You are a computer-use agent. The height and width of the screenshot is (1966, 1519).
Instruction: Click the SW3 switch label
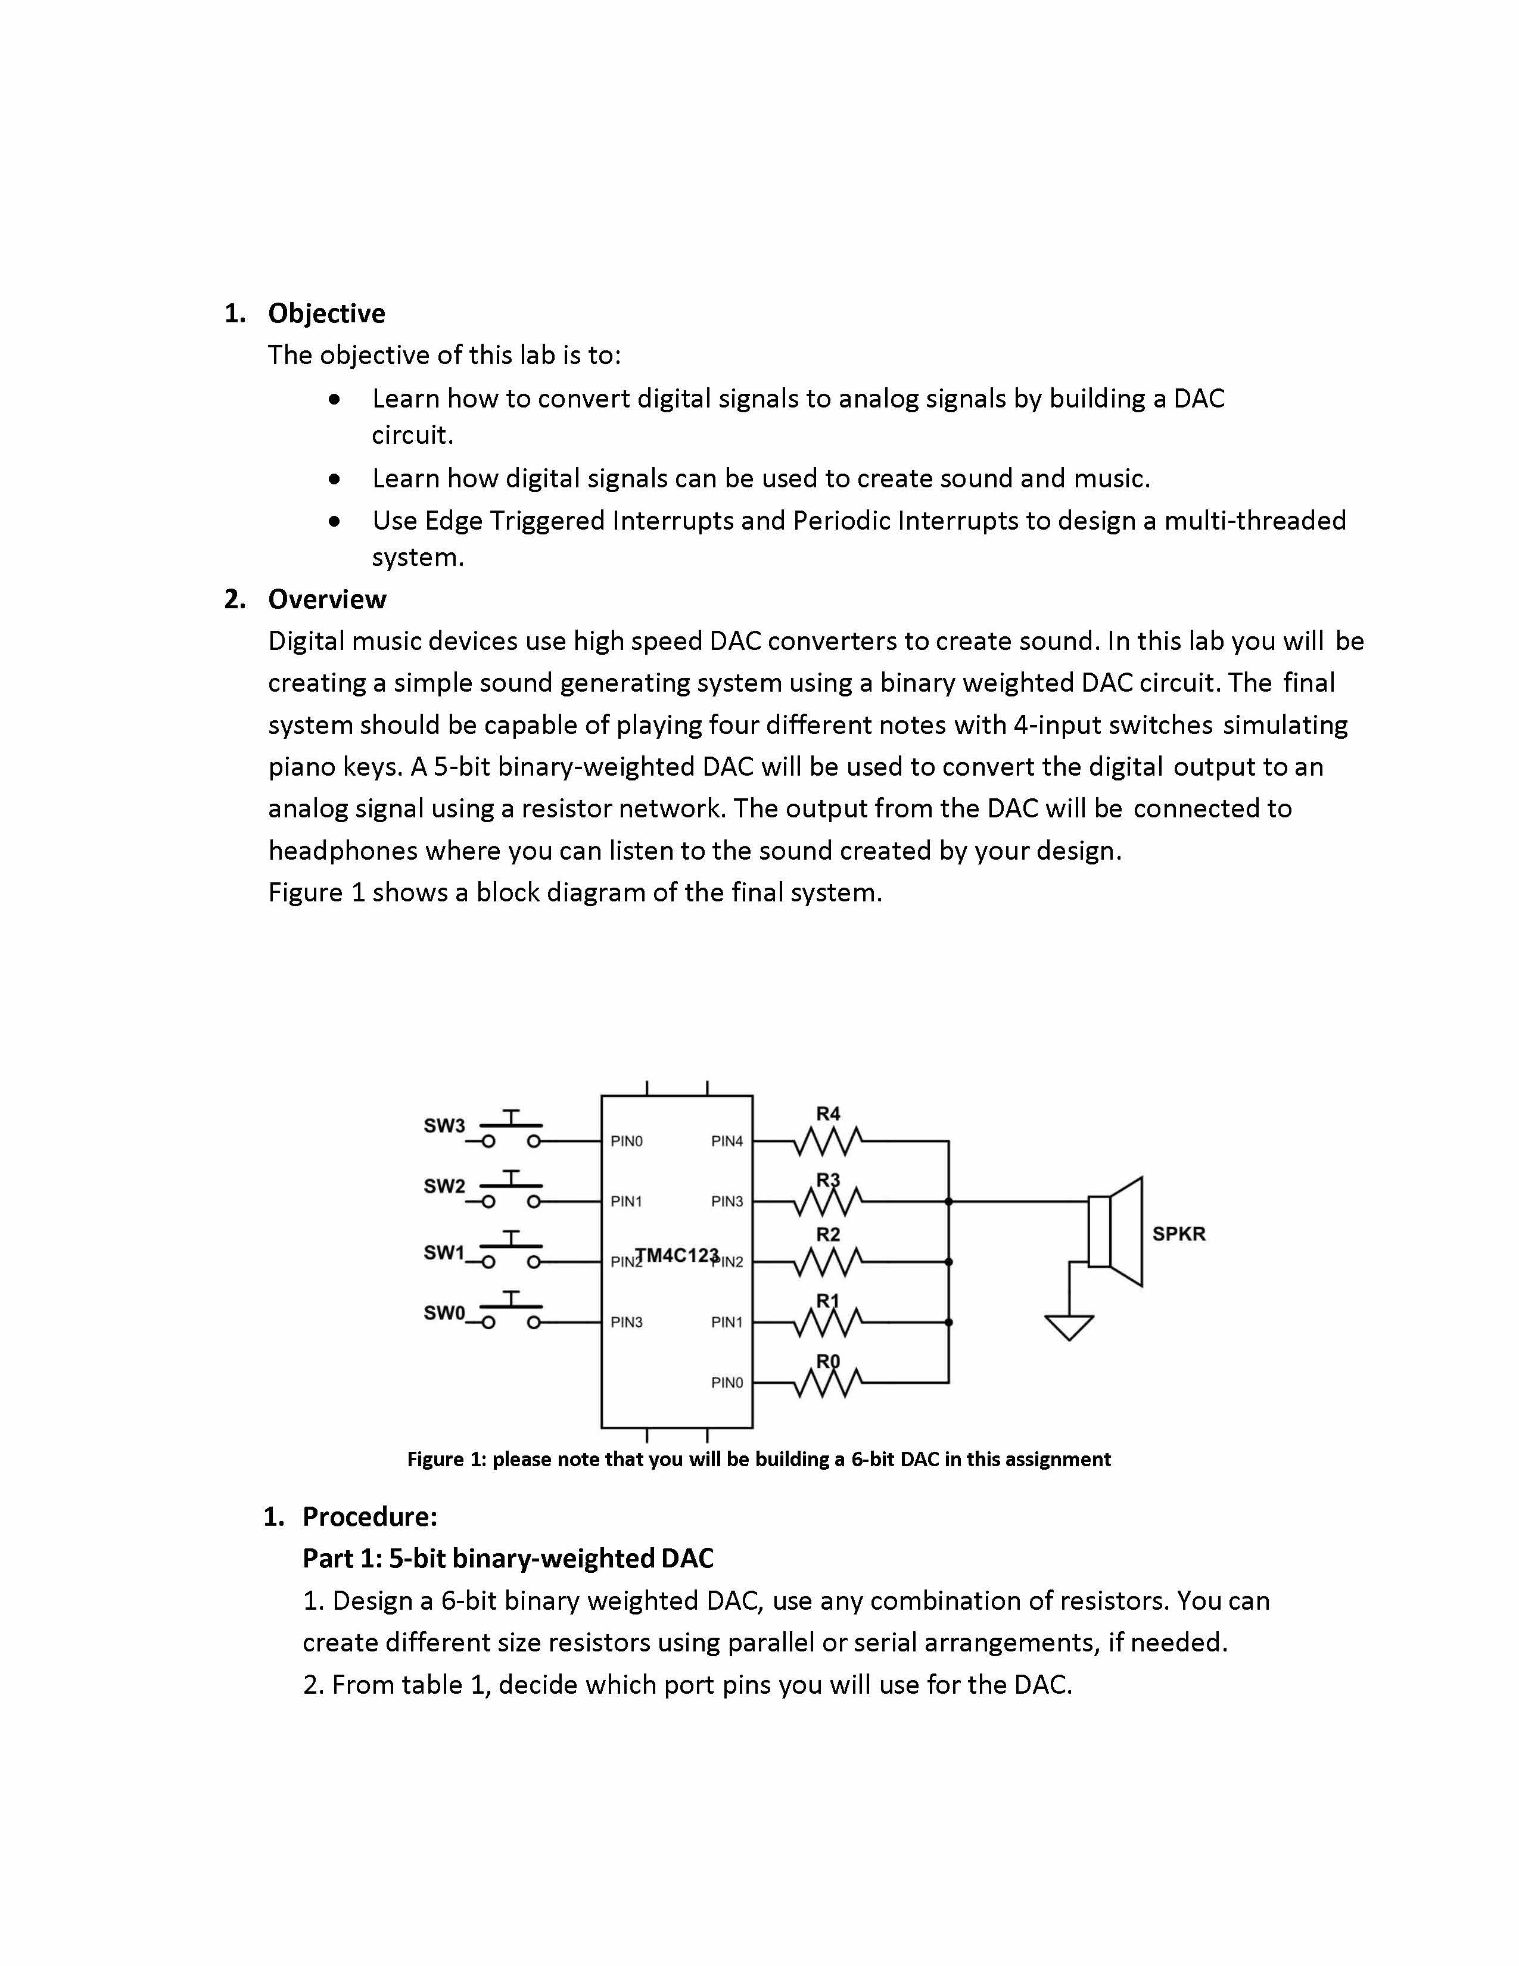coord(444,1125)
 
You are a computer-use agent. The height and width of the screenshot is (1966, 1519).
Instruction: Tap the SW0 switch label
coord(444,1312)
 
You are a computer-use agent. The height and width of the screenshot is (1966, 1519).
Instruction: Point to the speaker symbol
coord(1116,1231)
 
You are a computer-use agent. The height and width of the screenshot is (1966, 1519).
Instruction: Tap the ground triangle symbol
coord(1069,1327)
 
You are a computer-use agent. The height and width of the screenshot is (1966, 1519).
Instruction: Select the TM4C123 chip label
coord(677,1255)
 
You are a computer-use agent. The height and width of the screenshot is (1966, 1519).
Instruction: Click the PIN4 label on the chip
coord(727,1141)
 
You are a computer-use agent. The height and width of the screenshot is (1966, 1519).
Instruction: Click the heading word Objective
coord(326,313)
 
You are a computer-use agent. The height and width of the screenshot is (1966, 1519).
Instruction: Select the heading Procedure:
coord(370,1517)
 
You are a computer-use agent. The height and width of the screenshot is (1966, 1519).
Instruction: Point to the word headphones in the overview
coord(343,851)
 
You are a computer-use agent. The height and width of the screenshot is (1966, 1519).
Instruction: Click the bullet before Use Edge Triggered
coord(335,521)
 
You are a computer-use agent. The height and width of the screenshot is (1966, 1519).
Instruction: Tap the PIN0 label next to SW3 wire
coord(626,1141)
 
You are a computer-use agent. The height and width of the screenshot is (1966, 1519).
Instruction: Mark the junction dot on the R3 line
coord(948,1202)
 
